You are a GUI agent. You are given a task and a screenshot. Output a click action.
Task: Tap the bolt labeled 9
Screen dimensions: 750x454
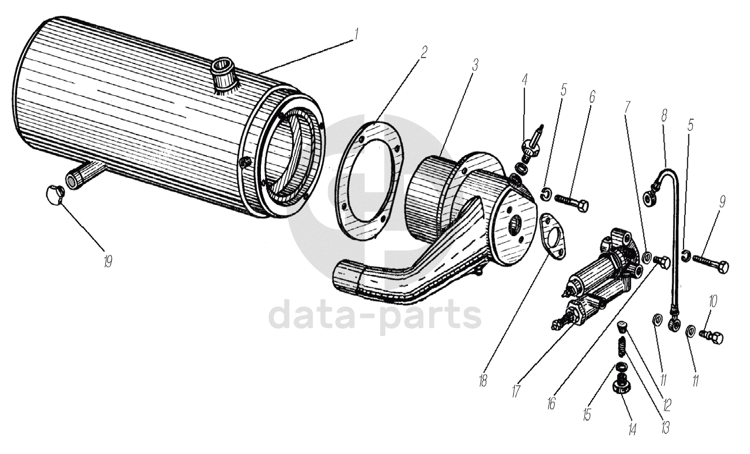click(x=711, y=264)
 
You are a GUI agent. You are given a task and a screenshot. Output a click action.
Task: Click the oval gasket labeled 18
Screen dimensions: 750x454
click(x=551, y=234)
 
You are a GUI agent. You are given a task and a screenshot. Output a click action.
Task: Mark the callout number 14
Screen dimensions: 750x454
click(x=631, y=431)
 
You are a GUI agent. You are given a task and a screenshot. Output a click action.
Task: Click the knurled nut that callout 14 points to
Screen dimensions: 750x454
click(x=622, y=386)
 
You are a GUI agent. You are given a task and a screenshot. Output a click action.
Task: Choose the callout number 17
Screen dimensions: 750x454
click(x=515, y=391)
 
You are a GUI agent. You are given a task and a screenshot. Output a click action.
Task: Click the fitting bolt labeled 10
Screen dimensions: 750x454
click(x=710, y=337)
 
